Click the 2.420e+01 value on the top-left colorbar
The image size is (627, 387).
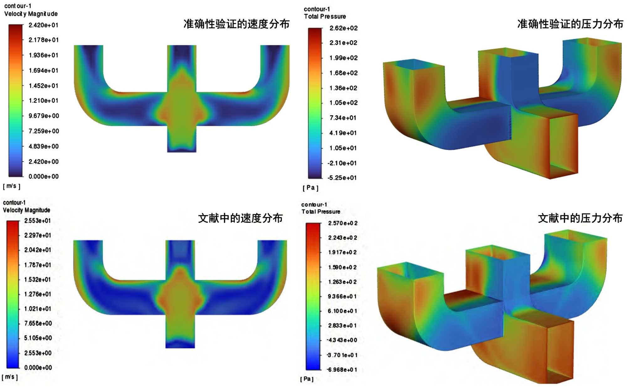pyautogui.click(x=44, y=25)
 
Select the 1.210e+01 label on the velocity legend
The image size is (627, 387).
pyautogui.click(x=44, y=101)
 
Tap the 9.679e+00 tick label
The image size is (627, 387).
pyautogui.click(x=44, y=116)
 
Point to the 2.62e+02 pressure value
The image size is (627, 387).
pyautogui.click(x=344, y=28)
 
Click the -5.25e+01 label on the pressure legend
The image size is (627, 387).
pyautogui.click(x=342, y=178)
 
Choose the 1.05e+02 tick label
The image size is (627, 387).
pyautogui.click(x=344, y=103)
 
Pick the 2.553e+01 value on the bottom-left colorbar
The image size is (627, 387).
pyautogui.click(x=38, y=221)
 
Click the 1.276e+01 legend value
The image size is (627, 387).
pyautogui.click(x=38, y=294)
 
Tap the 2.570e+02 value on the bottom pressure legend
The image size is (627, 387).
pyautogui.click(x=343, y=223)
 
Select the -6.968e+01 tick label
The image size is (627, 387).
pyautogui.click(x=342, y=370)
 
